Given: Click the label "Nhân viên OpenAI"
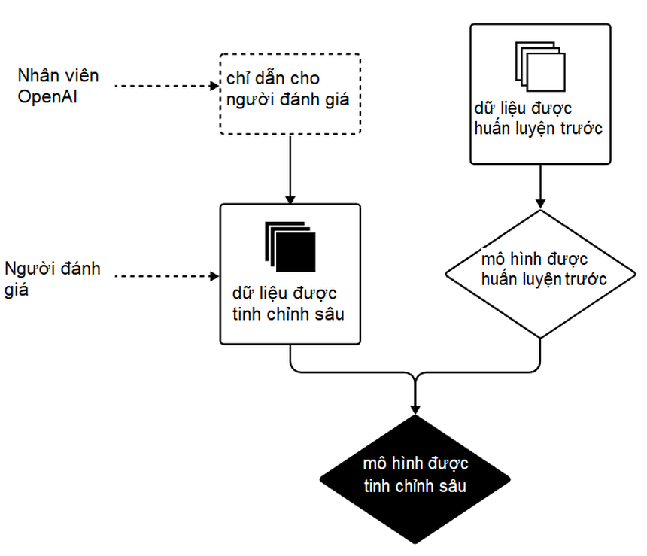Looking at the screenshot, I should [x=59, y=86].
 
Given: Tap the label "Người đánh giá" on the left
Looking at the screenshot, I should [x=52, y=278].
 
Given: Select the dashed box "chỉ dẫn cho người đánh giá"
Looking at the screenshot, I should [x=289, y=94].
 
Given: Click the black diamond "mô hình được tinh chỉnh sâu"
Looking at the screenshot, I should [x=415, y=475].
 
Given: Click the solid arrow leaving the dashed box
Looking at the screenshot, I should [x=290, y=169].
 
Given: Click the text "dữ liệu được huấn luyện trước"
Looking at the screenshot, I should [x=538, y=117].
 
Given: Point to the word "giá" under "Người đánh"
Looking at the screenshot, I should [x=17, y=289].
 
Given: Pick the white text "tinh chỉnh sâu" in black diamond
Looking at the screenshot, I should [x=415, y=486].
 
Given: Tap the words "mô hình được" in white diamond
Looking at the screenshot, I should [x=533, y=260].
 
